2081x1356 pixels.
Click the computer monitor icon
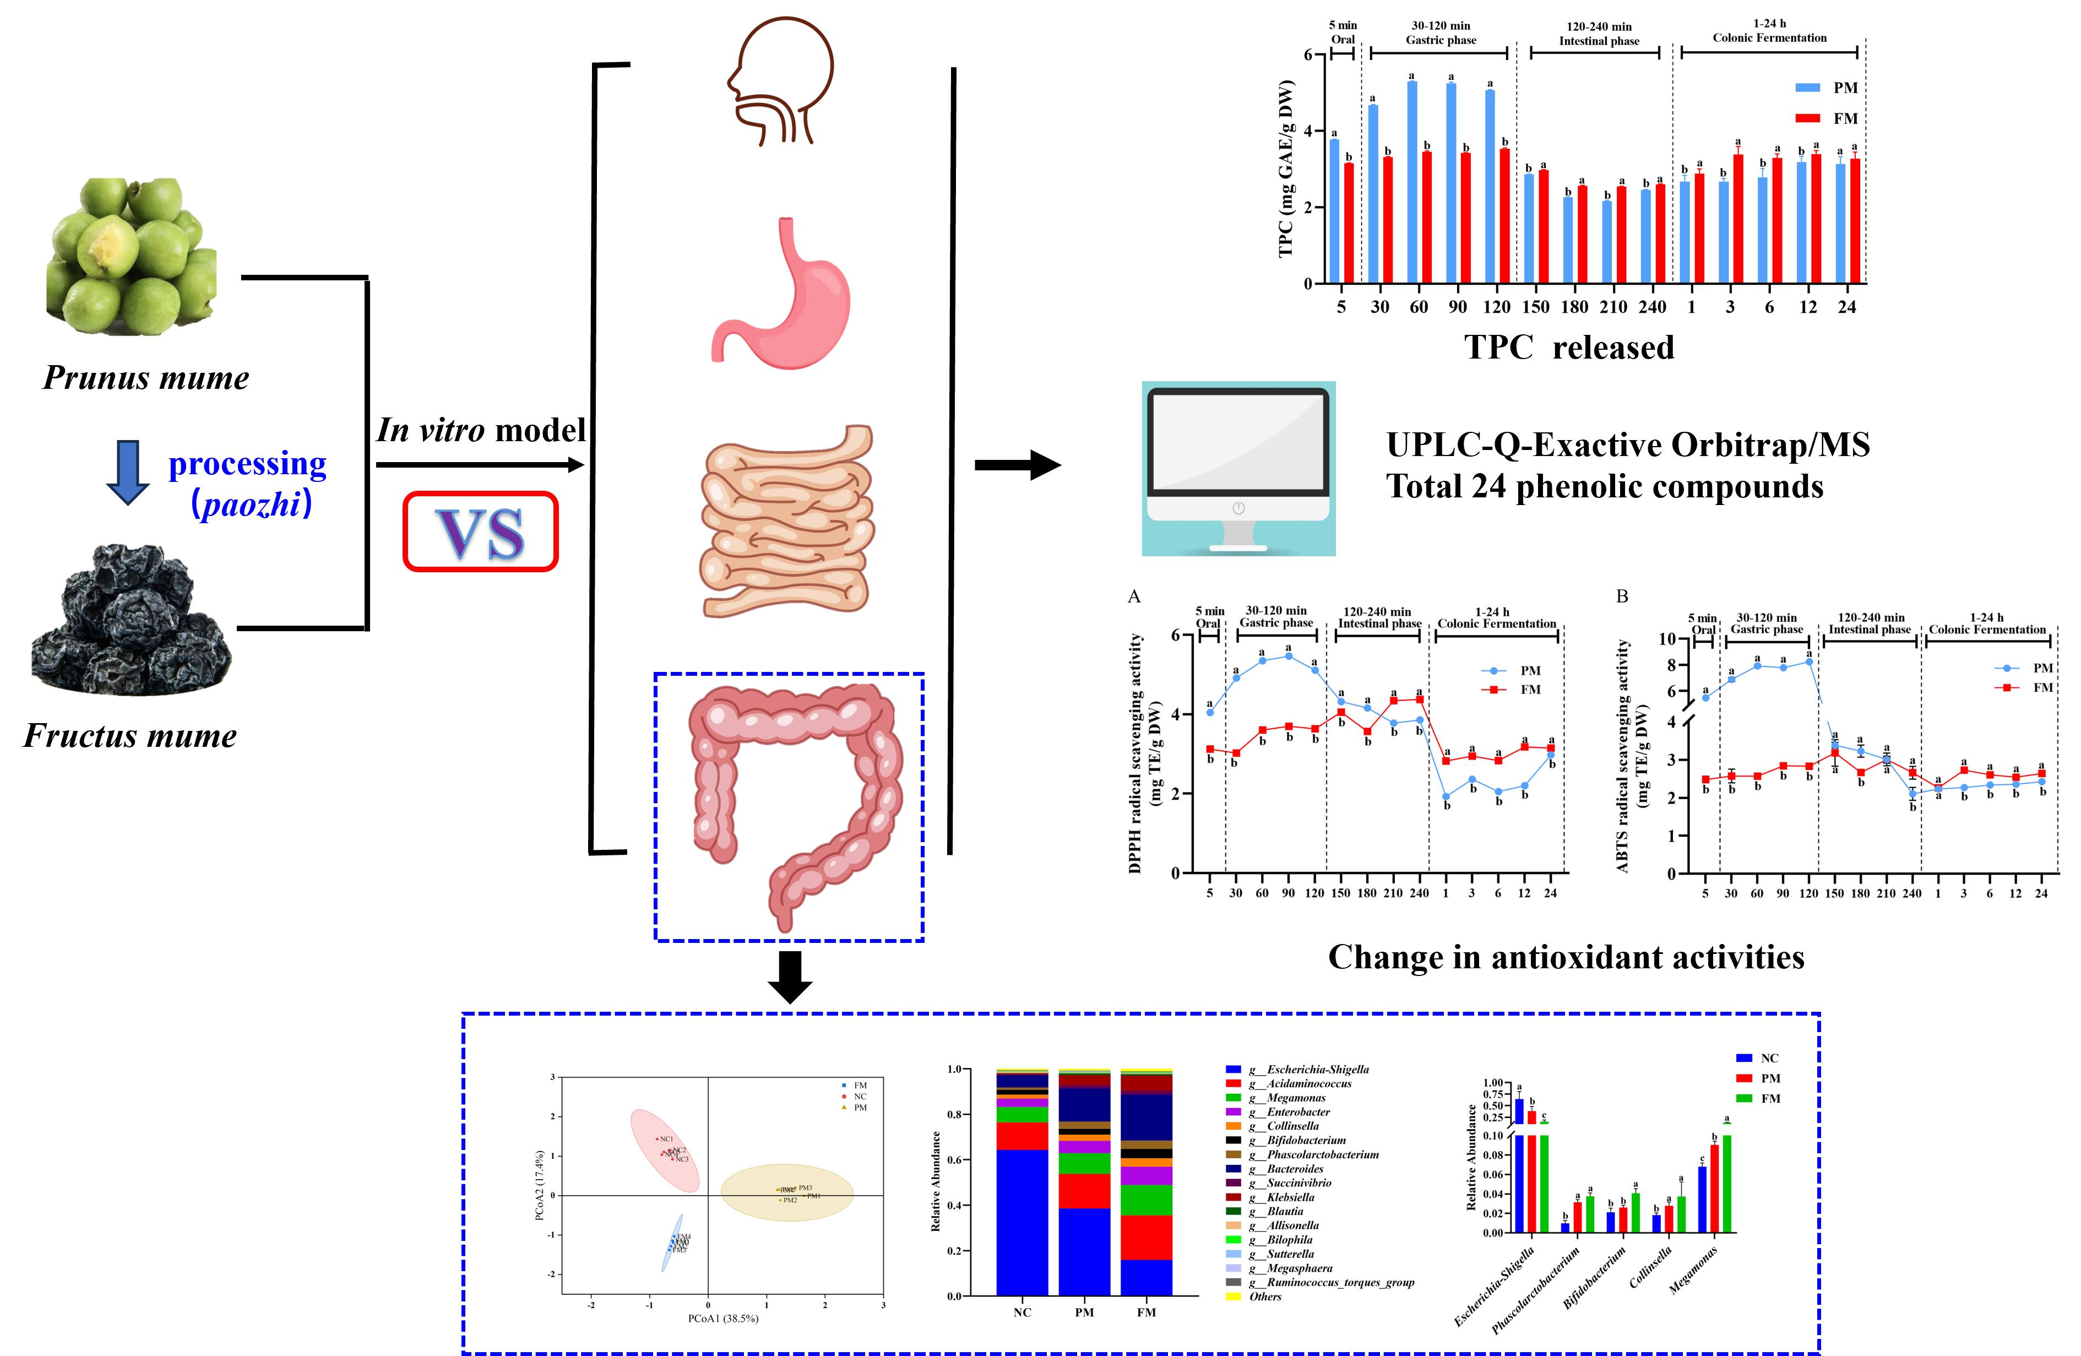1238,468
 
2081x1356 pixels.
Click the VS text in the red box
481,533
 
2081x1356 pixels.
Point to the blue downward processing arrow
128,472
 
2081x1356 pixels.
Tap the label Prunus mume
146,378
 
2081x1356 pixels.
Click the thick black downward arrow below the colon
790,977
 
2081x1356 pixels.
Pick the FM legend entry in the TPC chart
1832,118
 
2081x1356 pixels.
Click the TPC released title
1569,347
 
